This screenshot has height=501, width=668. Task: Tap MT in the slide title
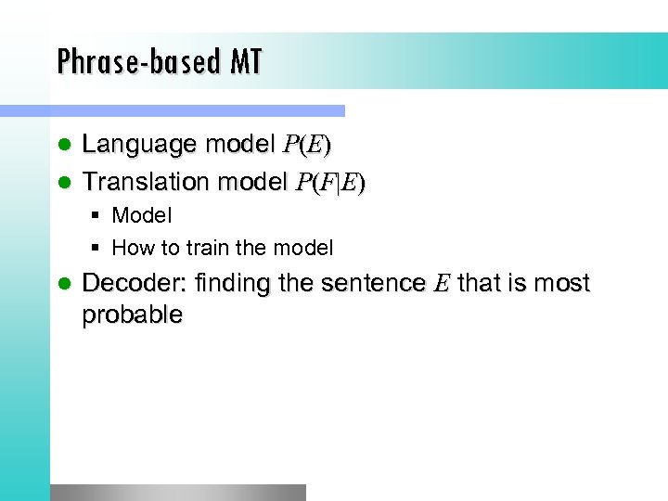tap(246, 61)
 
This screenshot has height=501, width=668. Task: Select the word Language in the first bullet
tap(140, 145)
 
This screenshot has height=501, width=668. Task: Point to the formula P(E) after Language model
tap(307, 146)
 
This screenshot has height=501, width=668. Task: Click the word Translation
tap(146, 182)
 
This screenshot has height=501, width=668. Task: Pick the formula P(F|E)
tap(330, 183)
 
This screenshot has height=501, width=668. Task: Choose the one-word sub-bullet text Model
tap(142, 215)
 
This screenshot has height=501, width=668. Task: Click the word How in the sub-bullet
tap(129, 248)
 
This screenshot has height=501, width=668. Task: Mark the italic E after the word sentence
tap(440, 284)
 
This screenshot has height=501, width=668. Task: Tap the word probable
tap(132, 315)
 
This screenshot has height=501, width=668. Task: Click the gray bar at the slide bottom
tap(176, 492)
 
